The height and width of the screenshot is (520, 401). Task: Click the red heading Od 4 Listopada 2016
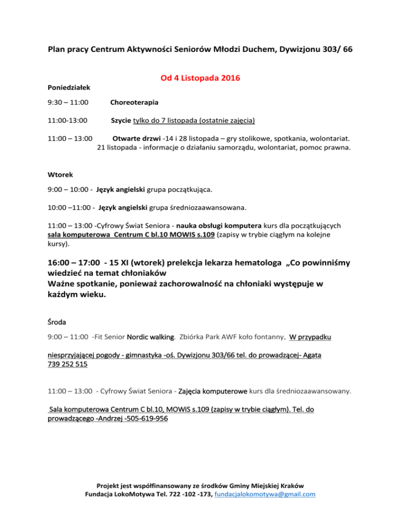(x=200, y=79)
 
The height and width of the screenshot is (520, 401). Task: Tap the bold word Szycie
(x=121, y=121)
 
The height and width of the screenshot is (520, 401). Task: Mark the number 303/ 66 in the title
(x=334, y=51)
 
